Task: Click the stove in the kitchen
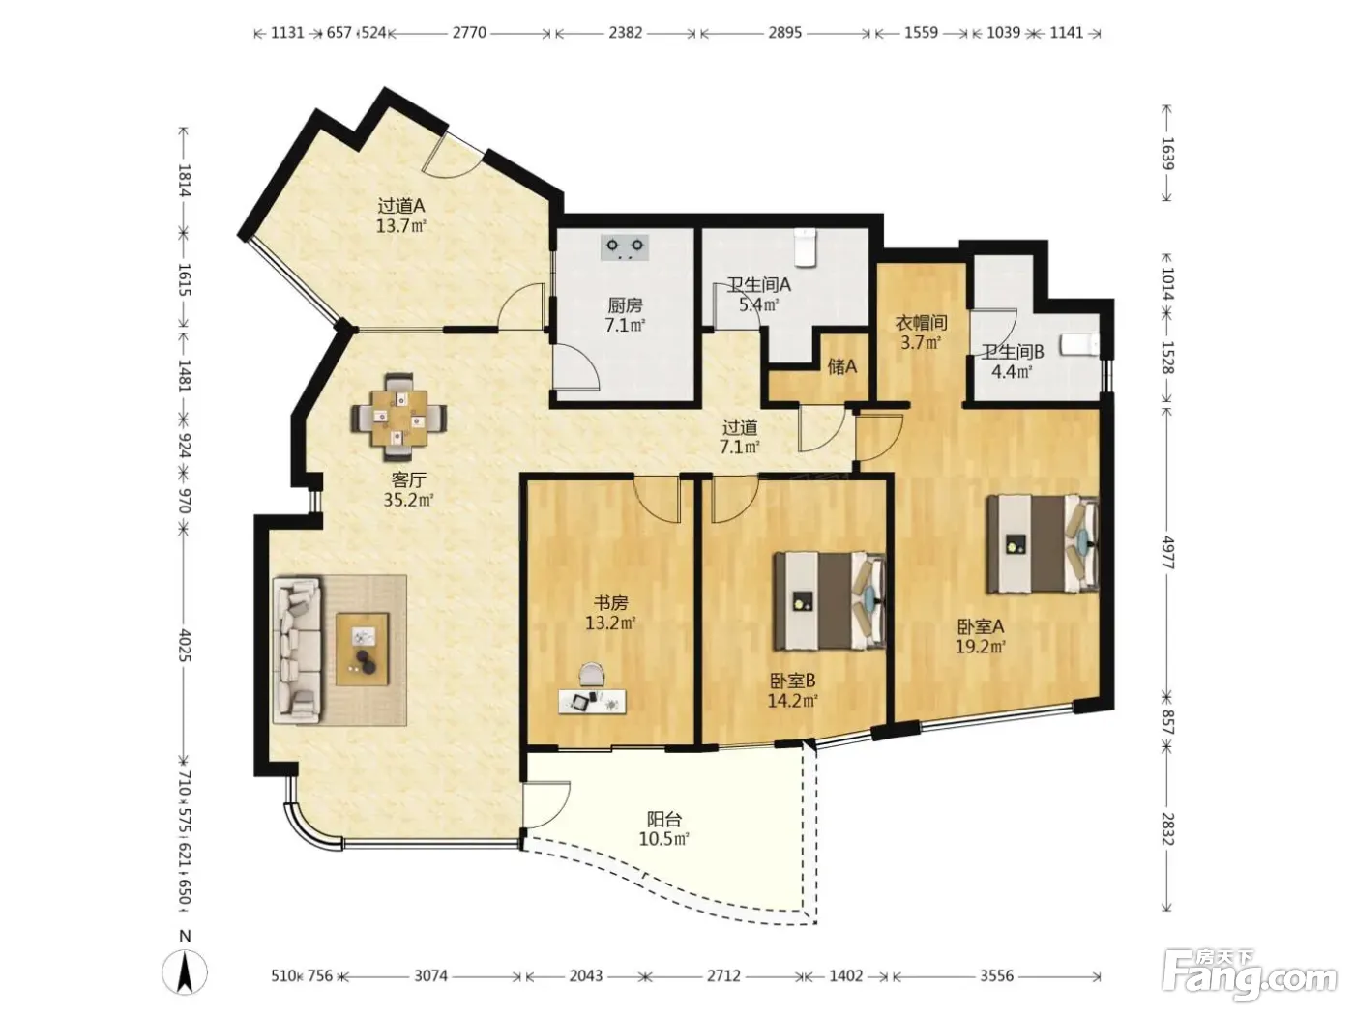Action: coord(624,247)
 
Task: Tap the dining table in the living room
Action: coord(399,418)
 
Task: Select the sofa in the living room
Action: coord(297,650)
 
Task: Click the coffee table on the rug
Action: coord(362,649)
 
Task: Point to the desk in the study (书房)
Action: coord(592,702)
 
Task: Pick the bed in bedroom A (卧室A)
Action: coord(1043,543)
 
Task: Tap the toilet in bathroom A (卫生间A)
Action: coord(805,247)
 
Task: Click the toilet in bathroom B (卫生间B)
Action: coord(1080,344)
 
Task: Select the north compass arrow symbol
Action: coord(185,972)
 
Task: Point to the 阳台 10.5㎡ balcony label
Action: coord(664,828)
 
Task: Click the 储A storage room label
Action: coord(842,366)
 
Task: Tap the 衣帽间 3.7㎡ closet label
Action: coord(921,333)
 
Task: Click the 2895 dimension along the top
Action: coord(784,32)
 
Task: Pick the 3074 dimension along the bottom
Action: coord(430,975)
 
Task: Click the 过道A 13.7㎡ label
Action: coord(401,215)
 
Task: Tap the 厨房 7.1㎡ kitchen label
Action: coord(625,315)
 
